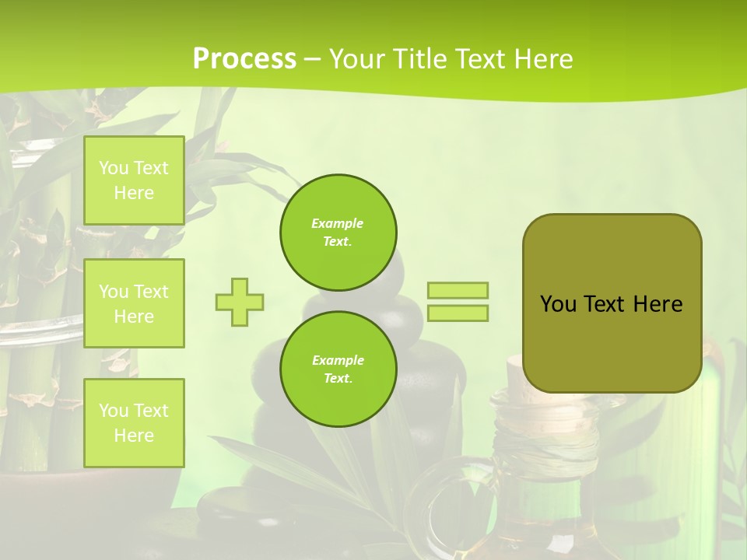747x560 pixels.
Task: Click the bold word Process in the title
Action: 244,59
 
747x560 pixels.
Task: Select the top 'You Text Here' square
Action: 134,180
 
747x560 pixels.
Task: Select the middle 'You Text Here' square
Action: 134,303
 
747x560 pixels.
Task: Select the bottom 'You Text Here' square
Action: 134,422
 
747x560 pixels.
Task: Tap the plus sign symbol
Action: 240,302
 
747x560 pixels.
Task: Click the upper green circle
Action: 338,233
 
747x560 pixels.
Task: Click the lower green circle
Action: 338,369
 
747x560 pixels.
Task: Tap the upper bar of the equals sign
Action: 458,290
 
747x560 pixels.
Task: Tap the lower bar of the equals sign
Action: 458,313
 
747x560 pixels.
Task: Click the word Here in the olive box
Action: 658,304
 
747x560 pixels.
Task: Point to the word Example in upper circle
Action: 338,223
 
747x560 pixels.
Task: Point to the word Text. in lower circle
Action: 338,379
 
